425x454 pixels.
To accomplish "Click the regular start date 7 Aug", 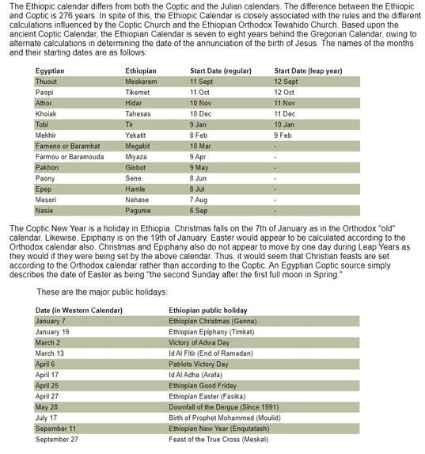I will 202,200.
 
